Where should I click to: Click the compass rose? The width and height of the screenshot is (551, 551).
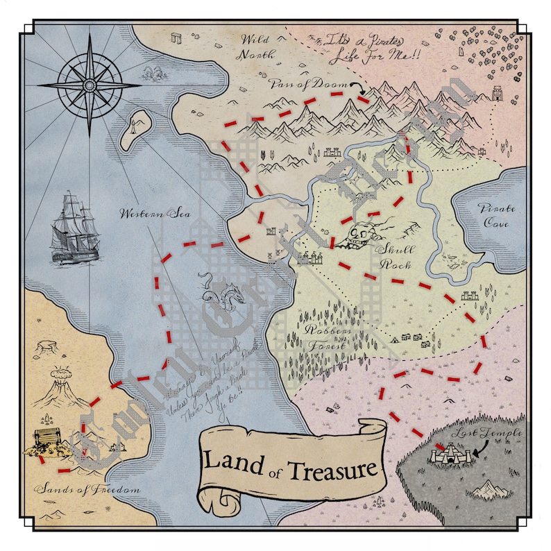89,85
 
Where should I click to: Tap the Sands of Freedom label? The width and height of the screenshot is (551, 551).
87,489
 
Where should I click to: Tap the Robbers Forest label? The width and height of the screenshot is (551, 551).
321,337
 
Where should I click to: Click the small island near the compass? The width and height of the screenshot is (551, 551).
135,130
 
